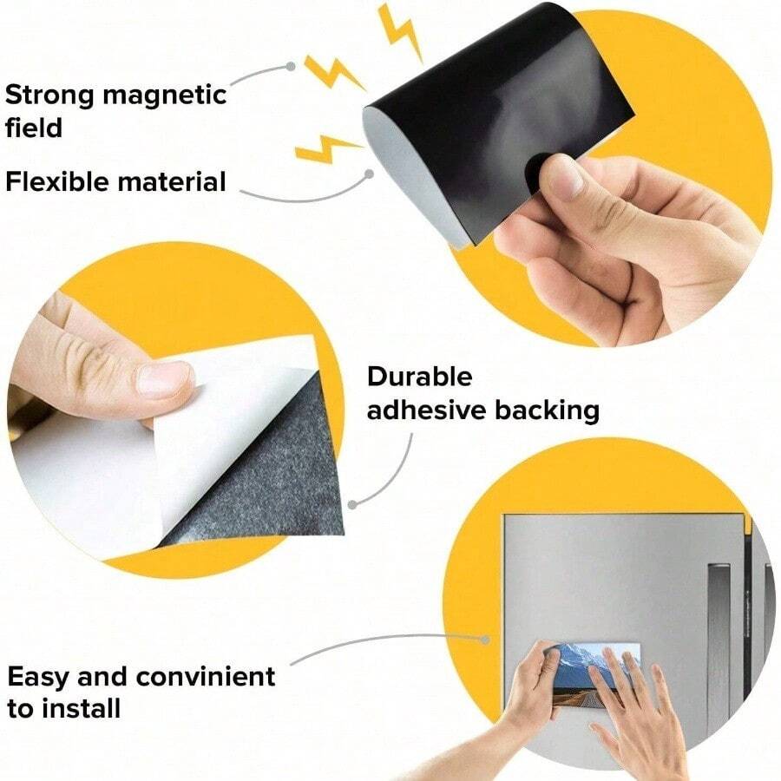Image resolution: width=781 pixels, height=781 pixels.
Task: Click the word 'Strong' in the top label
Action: tap(49, 95)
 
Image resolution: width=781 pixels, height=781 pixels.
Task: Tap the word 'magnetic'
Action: tap(164, 95)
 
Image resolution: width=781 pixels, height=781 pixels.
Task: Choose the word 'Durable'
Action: tap(419, 377)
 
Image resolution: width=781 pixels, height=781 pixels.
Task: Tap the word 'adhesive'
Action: tap(426, 410)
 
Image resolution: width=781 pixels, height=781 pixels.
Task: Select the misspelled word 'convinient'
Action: tap(205, 676)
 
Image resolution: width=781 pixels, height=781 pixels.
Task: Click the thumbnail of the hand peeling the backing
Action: tap(164, 379)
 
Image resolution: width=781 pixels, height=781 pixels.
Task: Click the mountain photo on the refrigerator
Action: tap(597, 676)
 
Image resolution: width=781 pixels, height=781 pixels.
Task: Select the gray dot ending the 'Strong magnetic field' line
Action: tap(292, 66)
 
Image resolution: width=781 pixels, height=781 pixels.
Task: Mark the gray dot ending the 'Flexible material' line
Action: tap(370, 174)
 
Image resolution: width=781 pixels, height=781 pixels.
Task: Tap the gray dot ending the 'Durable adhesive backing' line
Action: tap(352, 504)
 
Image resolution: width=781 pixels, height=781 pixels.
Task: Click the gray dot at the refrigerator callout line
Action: tap(486, 640)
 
